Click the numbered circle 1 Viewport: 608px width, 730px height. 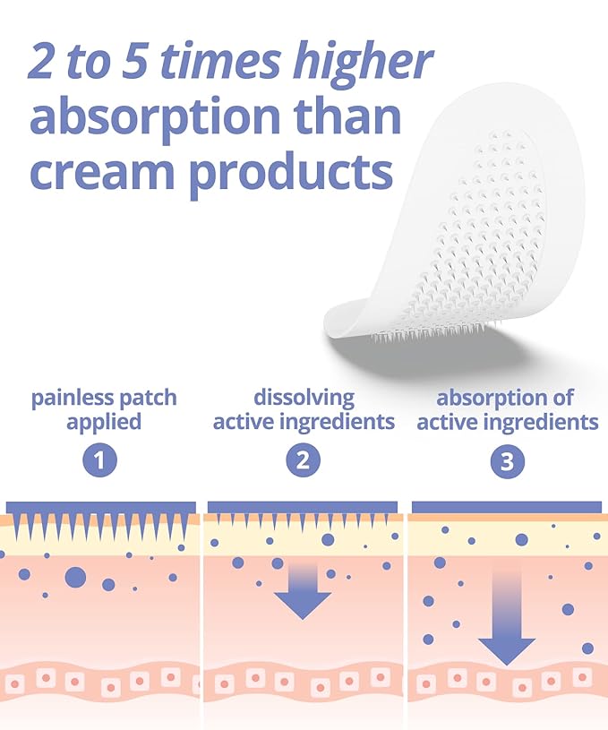point(100,461)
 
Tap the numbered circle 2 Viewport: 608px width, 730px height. point(304,461)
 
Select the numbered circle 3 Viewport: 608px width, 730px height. point(507,461)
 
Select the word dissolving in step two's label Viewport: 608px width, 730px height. point(304,398)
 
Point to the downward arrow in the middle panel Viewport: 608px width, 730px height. point(303,591)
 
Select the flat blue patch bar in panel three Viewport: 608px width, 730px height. point(507,507)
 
